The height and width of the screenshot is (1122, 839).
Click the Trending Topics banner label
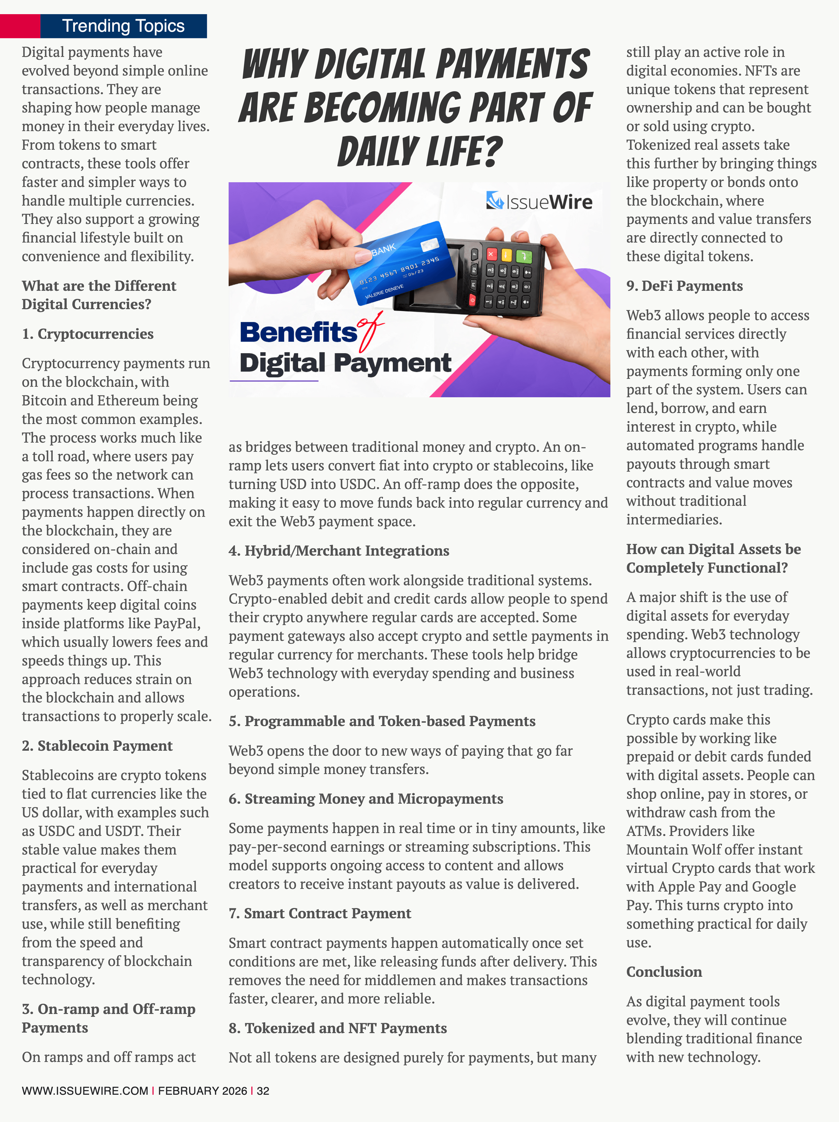[x=123, y=26]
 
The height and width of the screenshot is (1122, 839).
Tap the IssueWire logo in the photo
[x=539, y=202]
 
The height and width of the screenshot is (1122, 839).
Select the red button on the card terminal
[x=491, y=254]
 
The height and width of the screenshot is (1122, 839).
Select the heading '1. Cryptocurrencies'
[x=88, y=334]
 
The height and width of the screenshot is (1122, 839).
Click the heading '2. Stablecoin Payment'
[x=97, y=746]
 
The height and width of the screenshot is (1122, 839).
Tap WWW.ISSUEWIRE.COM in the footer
[x=85, y=1091]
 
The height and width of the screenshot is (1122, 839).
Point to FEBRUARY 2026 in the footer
[x=202, y=1091]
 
